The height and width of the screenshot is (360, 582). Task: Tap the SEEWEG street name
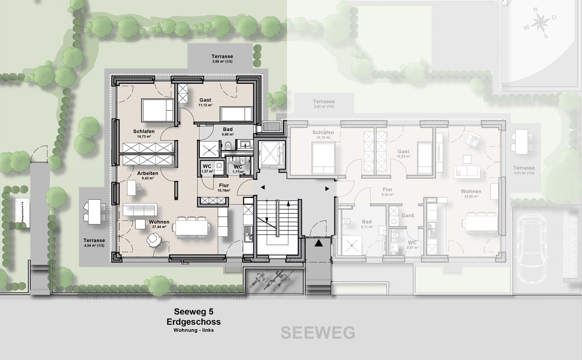click(x=318, y=333)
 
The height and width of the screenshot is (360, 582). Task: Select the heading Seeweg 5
click(x=194, y=312)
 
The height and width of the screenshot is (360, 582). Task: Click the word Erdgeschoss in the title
click(x=194, y=322)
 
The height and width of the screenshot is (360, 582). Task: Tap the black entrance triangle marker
click(x=319, y=243)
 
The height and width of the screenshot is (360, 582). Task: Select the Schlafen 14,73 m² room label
click(x=144, y=133)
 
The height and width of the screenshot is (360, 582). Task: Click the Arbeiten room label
click(x=147, y=175)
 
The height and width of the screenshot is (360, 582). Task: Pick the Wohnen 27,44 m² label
click(x=159, y=224)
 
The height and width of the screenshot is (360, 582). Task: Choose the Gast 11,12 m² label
click(x=205, y=102)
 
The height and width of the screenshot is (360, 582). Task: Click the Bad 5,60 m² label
click(x=228, y=132)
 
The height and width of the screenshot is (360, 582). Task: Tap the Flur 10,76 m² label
click(x=224, y=188)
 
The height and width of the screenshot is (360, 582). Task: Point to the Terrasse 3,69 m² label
click(x=222, y=59)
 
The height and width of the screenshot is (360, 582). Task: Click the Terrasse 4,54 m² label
click(x=94, y=242)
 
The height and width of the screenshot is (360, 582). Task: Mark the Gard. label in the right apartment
click(x=408, y=216)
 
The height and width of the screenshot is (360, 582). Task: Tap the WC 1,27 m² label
click(x=207, y=169)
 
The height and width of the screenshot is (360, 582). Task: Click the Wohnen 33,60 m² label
click(x=471, y=193)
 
